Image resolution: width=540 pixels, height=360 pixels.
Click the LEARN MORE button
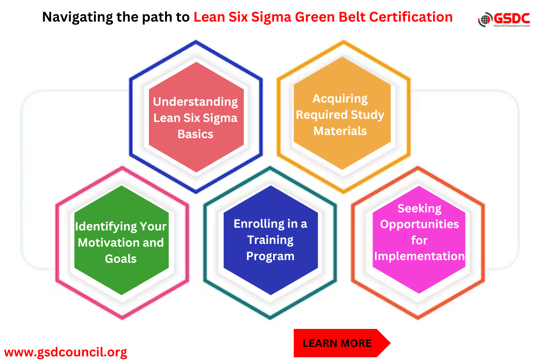click(x=337, y=343)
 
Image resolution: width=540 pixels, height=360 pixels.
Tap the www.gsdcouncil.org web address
click(x=66, y=351)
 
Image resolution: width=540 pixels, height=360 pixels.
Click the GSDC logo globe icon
click(x=485, y=19)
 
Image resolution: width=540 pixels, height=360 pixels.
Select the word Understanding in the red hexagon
click(x=195, y=102)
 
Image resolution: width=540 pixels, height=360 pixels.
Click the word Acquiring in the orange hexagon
click(x=340, y=99)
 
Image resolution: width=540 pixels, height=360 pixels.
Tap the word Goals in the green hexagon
click(x=121, y=258)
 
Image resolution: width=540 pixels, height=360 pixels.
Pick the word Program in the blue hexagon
click(x=270, y=256)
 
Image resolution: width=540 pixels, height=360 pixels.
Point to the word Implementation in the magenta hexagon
click(x=419, y=256)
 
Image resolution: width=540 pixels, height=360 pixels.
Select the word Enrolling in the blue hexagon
click(x=259, y=224)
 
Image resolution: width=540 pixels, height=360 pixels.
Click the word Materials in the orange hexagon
click(x=340, y=131)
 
